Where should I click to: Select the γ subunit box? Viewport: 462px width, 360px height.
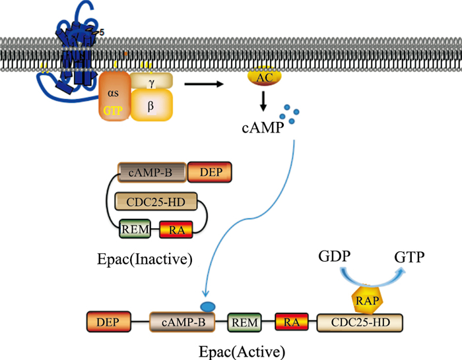pos(152,80)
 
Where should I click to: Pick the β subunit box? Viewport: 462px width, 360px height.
pos(152,105)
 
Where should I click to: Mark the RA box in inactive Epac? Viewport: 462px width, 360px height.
pos(176,229)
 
